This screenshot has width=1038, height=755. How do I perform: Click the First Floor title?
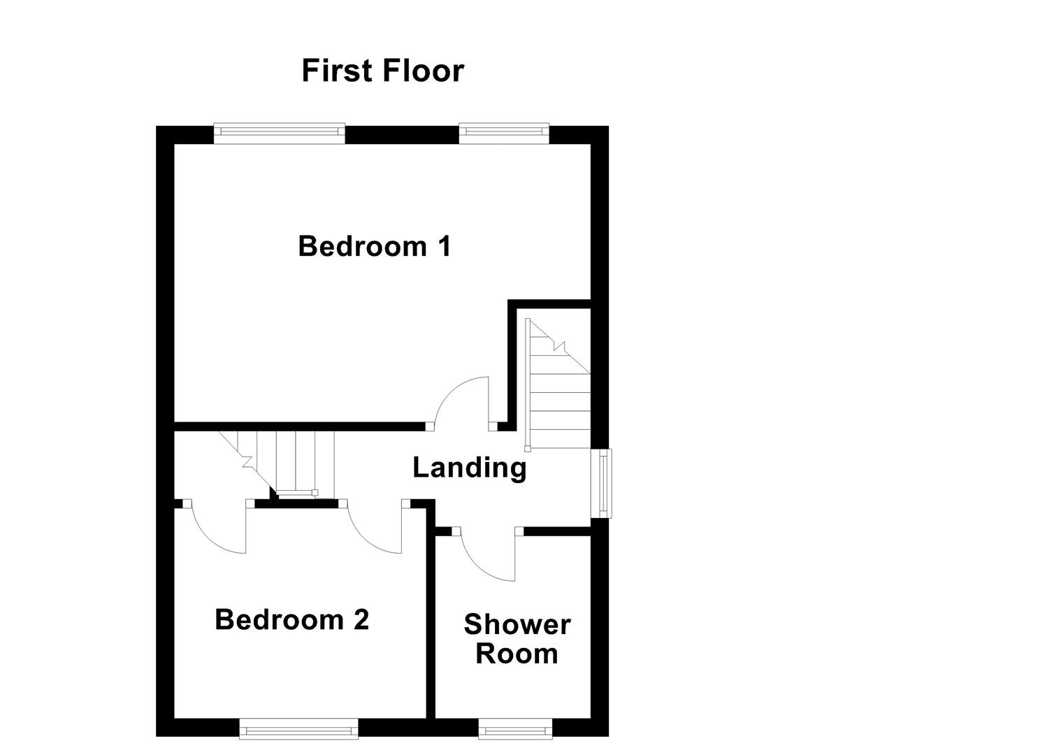(x=382, y=71)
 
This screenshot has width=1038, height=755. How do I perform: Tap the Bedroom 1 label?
(x=374, y=246)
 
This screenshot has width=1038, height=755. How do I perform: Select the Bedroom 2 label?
(x=291, y=619)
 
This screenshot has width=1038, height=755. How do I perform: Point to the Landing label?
(x=469, y=467)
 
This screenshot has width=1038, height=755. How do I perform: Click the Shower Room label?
(x=517, y=639)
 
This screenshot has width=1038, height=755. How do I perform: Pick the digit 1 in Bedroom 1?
(x=443, y=246)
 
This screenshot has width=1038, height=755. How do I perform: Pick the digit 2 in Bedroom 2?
(x=361, y=619)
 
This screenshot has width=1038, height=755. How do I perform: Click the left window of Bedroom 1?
(x=279, y=134)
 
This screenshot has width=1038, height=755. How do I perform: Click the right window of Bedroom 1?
(x=503, y=134)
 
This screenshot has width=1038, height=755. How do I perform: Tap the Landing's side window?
(x=601, y=483)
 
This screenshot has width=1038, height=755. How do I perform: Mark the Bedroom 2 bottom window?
(x=298, y=729)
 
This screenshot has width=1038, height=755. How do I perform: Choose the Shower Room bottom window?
(x=515, y=729)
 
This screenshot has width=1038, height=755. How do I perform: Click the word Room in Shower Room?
(x=517, y=654)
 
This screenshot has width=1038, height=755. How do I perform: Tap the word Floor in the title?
(x=424, y=71)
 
